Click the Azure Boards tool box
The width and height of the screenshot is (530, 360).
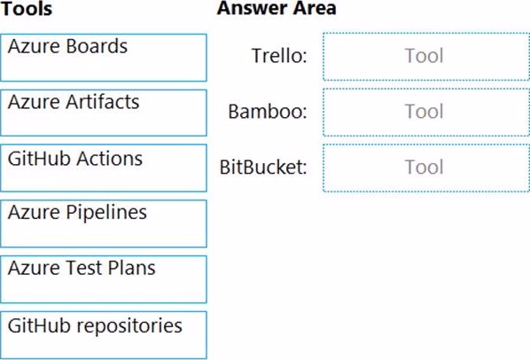pos(104,58)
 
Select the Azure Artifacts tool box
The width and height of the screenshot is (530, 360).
pos(104,113)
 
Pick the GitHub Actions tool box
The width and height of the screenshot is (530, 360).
pos(104,168)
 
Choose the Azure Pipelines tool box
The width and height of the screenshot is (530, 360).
pos(104,223)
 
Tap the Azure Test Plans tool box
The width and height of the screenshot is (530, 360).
pos(104,279)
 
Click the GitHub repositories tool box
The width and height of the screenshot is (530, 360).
pos(104,335)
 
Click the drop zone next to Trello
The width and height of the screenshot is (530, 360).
pos(426,57)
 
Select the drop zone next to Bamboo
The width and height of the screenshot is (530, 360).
pos(426,113)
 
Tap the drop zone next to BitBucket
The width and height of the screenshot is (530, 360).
pos(426,168)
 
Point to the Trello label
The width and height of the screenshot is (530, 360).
pos(279,56)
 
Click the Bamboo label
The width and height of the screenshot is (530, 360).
pos(268,111)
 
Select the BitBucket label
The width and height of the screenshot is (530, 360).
pos(263,167)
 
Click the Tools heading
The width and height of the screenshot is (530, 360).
pos(27,9)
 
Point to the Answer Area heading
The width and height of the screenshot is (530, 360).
pos(277,8)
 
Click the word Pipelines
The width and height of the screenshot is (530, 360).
pos(106,213)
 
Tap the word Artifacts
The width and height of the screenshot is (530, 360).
pos(103,102)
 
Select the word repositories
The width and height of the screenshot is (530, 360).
pos(129,326)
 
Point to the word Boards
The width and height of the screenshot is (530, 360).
pos(97,46)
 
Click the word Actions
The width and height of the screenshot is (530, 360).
pos(109,159)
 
